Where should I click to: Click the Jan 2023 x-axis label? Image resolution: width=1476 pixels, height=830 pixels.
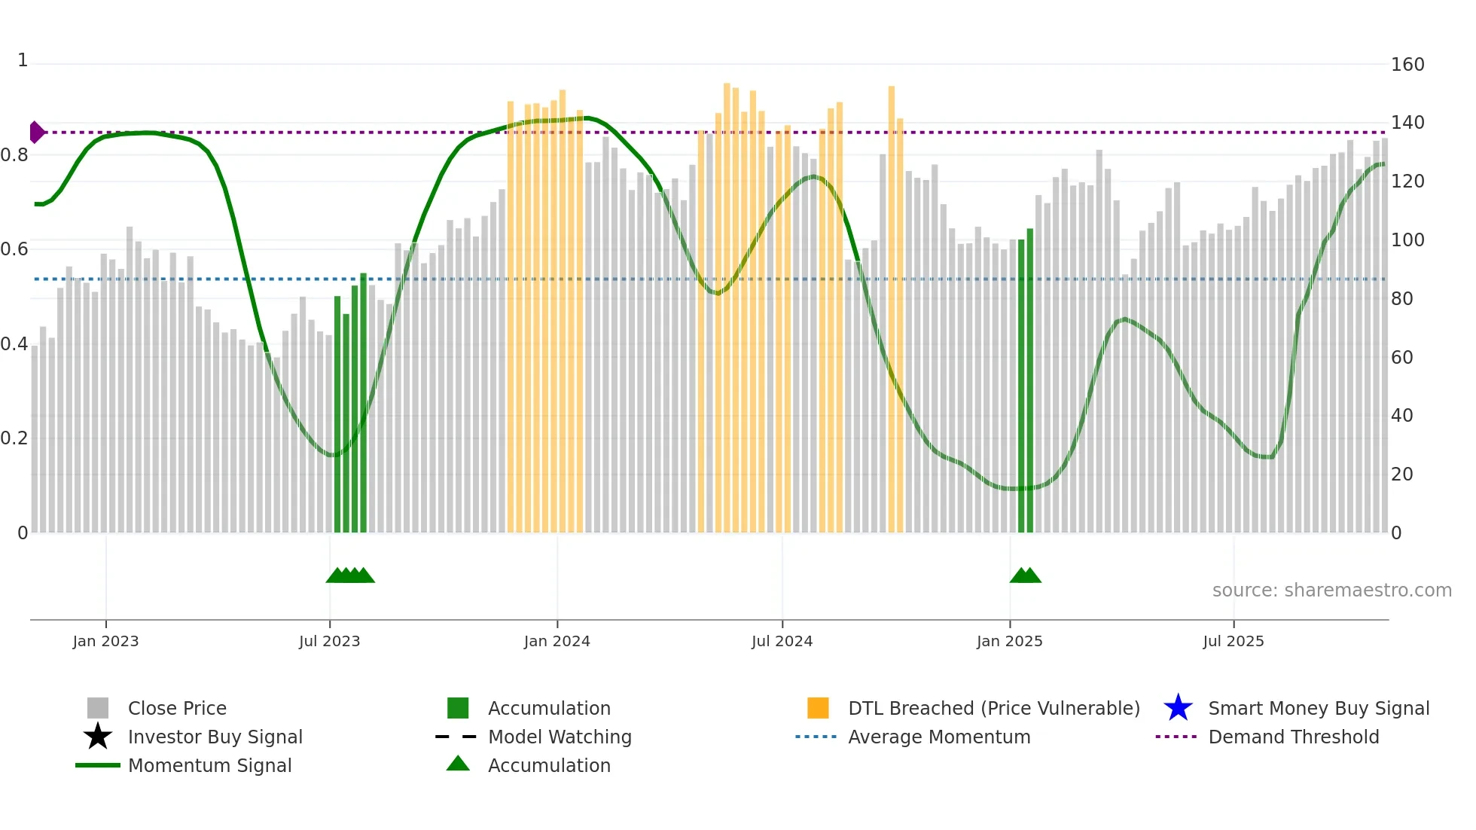click(x=105, y=641)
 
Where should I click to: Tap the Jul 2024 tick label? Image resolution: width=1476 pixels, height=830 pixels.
click(x=782, y=641)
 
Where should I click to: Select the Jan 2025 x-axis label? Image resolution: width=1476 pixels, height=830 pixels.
click(x=1009, y=641)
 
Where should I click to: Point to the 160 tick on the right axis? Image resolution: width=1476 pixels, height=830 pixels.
click(x=1407, y=65)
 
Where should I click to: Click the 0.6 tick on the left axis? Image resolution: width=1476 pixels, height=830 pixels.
click(x=14, y=249)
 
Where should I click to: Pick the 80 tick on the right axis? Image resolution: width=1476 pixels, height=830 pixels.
click(x=1401, y=299)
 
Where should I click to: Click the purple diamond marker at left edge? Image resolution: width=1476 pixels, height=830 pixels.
click(x=37, y=133)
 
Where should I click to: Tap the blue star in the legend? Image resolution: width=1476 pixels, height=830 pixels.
click(x=1178, y=708)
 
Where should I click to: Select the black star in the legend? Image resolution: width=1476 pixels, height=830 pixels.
click(x=98, y=737)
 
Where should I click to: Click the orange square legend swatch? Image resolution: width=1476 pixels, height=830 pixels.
click(x=818, y=708)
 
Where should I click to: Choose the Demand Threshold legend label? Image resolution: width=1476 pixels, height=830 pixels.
click(x=1293, y=737)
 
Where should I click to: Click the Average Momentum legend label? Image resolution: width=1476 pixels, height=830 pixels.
click(x=939, y=737)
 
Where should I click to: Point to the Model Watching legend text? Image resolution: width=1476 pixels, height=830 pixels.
click(x=560, y=737)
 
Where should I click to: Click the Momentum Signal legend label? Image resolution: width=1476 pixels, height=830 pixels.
click(x=209, y=765)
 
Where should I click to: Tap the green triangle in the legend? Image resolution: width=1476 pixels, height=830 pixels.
click(x=458, y=764)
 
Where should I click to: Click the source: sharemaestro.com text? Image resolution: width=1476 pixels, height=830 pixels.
click(x=1331, y=590)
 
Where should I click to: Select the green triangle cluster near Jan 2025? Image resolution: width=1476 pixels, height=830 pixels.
click(x=1025, y=576)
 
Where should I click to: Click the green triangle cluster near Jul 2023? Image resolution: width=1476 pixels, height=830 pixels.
click(x=350, y=576)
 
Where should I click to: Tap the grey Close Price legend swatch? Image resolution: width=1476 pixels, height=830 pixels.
click(x=98, y=708)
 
